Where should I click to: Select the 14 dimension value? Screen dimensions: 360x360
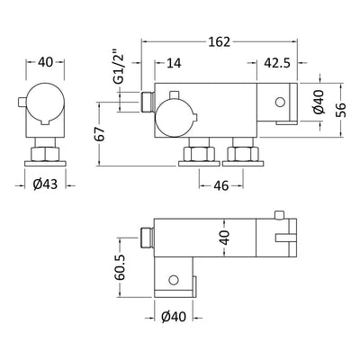tap(173, 63)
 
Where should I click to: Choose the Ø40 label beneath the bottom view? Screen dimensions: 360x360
tap(175, 317)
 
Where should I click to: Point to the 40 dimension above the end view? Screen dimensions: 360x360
tap(48, 63)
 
